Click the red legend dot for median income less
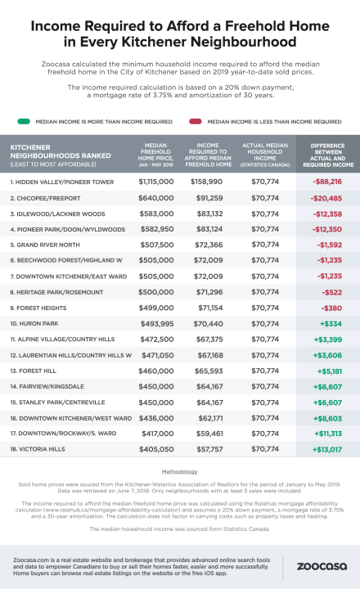(191, 119)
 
